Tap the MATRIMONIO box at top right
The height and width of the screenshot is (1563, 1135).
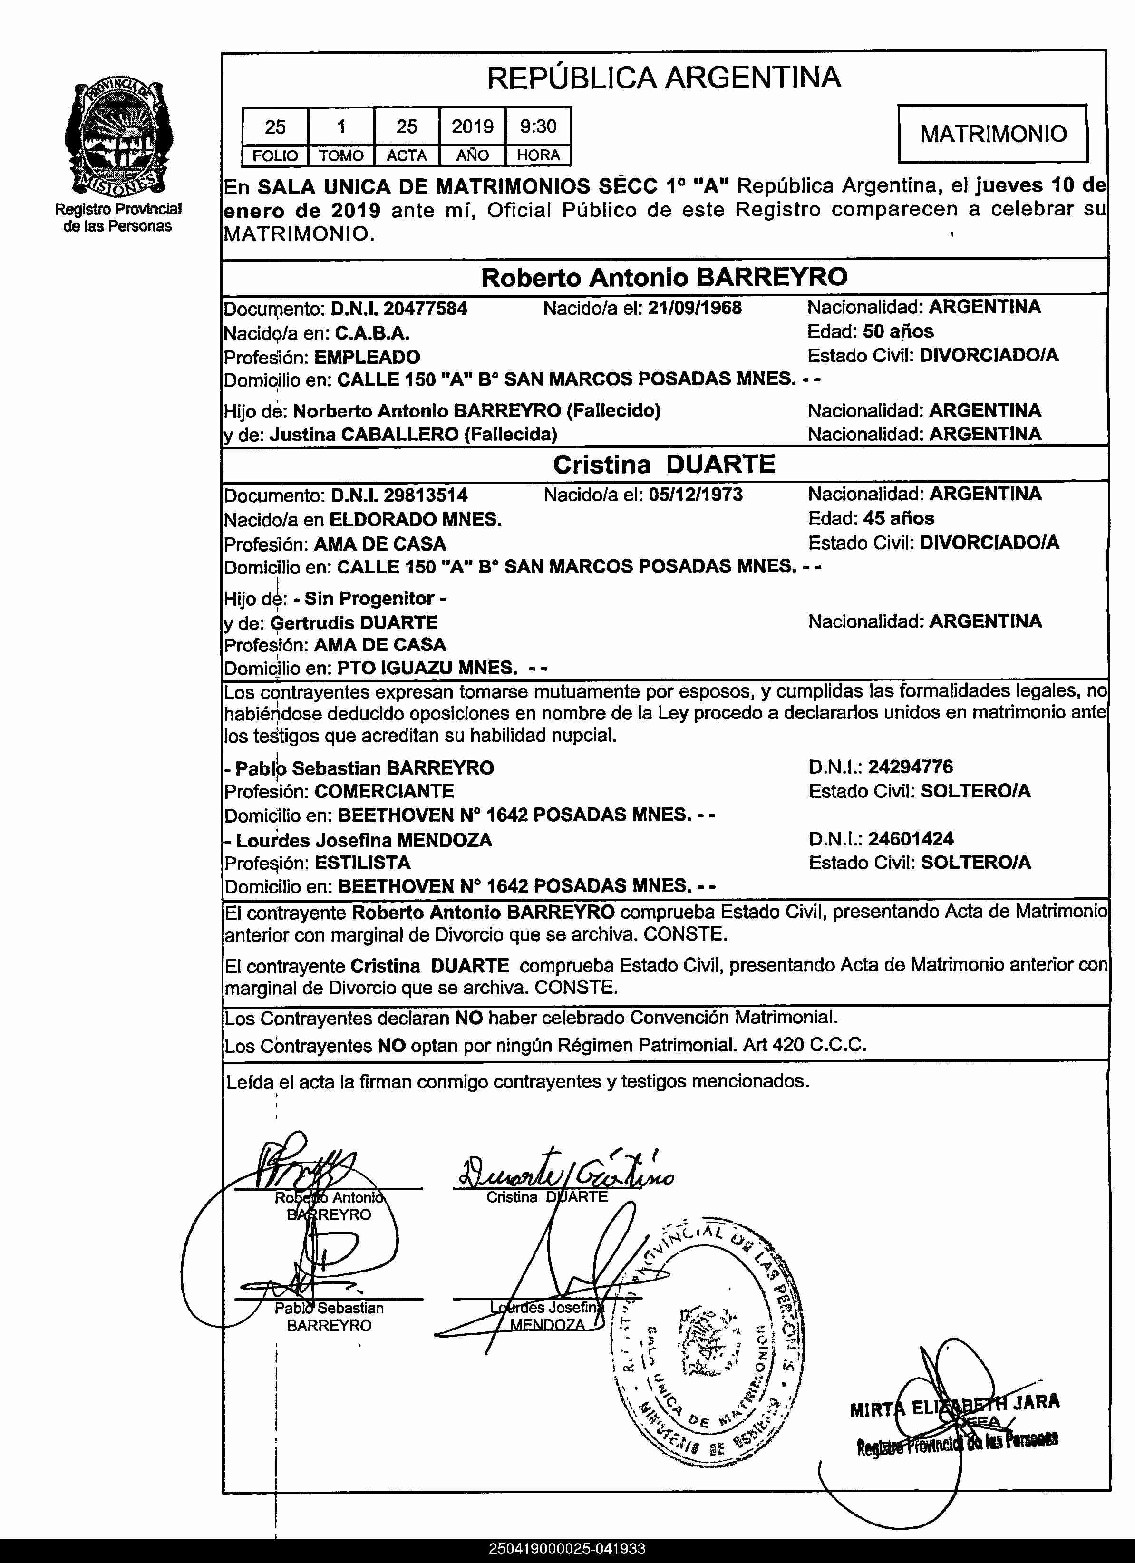point(992,134)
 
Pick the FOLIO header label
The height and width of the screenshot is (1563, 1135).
point(275,156)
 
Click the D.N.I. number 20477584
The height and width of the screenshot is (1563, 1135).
point(425,309)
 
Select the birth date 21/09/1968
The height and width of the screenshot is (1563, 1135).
point(695,307)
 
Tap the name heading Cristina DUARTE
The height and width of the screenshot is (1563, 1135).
point(664,465)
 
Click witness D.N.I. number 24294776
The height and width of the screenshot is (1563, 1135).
point(911,767)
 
